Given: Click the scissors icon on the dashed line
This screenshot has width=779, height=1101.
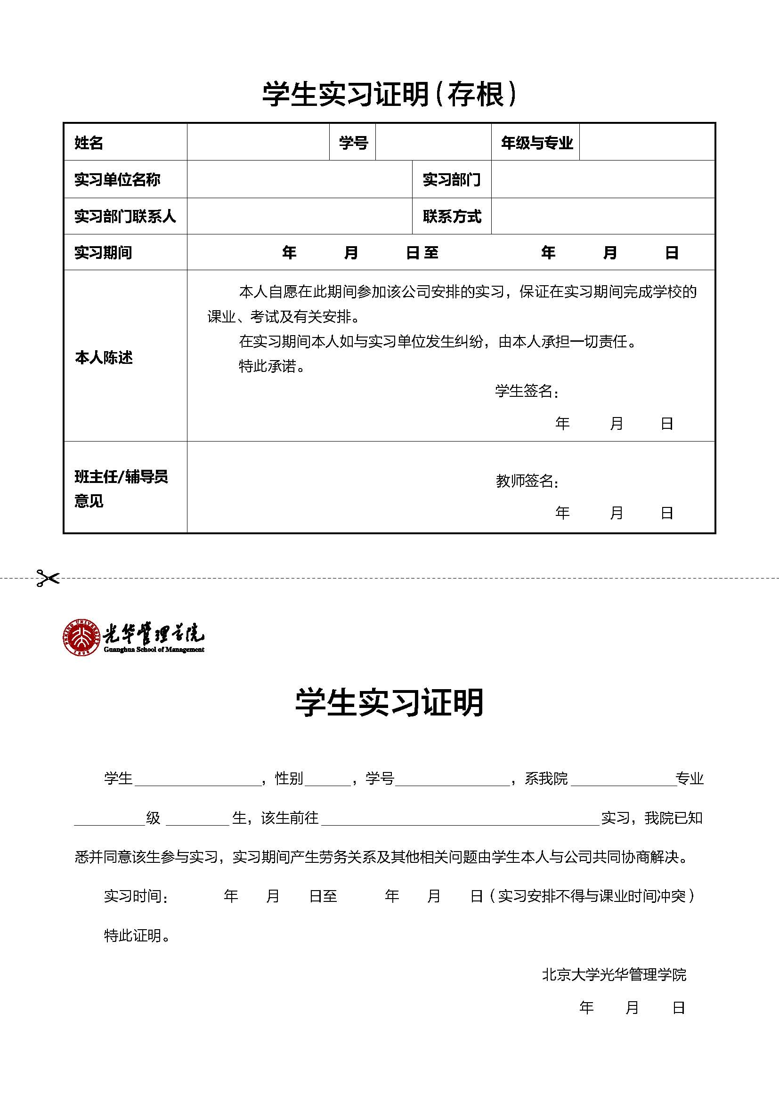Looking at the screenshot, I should point(48,578).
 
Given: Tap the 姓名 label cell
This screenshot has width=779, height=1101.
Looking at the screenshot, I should point(89,143).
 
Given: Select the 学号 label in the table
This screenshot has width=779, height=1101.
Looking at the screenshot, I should point(353,143).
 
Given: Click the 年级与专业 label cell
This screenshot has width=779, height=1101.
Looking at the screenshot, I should point(536,143).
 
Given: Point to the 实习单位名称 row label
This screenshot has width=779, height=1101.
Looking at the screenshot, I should point(117,179).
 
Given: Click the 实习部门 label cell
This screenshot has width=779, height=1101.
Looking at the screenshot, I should point(451,179).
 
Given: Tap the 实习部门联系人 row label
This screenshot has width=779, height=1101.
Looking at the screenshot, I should point(125,216).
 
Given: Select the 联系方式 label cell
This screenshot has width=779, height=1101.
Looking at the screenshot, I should point(451,216).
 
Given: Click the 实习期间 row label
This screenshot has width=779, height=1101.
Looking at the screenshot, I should point(103,252).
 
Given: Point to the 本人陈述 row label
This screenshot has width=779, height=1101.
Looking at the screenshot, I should point(104,357).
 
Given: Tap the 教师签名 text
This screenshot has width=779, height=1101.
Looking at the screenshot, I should point(526,481).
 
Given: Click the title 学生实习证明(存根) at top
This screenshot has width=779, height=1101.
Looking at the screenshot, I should point(389,94).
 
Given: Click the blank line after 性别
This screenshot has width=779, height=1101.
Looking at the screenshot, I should point(328,779).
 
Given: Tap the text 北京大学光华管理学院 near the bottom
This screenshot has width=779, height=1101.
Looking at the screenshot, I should point(614,974).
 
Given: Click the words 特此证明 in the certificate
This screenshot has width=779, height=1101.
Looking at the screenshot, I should point(136,935).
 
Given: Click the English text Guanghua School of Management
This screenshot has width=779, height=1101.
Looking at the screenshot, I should point(154,650).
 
